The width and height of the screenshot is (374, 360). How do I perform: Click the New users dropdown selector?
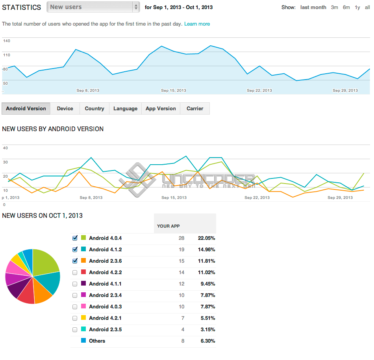(x=93, y=7)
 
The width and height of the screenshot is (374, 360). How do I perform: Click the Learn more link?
(x=197, y=24)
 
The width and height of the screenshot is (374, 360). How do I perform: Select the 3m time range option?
(x=334, y=7)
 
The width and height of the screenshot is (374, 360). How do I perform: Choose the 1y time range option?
(x=357, y=7)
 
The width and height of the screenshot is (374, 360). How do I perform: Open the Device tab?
(x=65, y=109)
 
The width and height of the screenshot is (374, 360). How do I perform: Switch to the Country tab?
(x=94, y=109)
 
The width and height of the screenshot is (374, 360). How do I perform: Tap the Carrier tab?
(x=195, y=109)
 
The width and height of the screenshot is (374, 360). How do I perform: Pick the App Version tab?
(x=161, y=109)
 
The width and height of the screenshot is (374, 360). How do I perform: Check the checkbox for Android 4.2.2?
(x=75, y=273)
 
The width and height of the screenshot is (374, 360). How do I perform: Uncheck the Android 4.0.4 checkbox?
(x=75, y=238)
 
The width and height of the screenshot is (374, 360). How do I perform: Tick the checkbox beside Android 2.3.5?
(x=75, y=330)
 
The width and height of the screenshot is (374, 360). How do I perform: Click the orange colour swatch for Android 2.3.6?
(x=83, y=260)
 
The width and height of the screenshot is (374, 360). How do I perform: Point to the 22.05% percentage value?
(x=207, y=238)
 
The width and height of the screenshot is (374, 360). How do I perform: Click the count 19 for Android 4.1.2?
(x=181, y=250)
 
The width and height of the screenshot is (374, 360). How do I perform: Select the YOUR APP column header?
(x=168, y=226)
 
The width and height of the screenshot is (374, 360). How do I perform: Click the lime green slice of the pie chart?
(x=44, y=262)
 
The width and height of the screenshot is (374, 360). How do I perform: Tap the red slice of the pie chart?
(x=26, y=294)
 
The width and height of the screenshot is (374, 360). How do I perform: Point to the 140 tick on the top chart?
(x=7, y=41)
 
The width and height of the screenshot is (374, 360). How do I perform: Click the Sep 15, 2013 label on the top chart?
(x=174, y=91)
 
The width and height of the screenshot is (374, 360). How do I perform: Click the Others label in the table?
(x=97, y=341)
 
